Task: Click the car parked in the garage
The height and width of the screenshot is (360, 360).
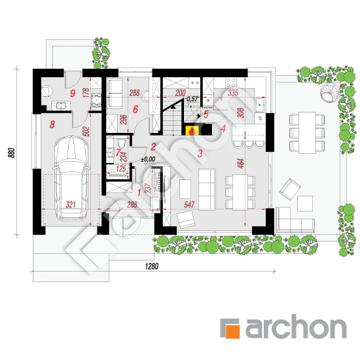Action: click(71, 179)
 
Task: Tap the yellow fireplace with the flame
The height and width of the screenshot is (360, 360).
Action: click(192, 131)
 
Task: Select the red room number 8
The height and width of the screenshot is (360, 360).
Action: click(52, 124)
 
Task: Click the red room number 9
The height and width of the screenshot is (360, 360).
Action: click(73, 94)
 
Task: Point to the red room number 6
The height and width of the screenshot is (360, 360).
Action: click(135, 109)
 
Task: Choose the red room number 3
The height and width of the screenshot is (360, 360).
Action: click(200, 153)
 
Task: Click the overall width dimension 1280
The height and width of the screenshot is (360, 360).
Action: click(152, 266)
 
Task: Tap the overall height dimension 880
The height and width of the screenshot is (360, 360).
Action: click(12, 153)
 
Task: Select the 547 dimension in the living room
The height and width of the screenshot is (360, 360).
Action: click(189, 204)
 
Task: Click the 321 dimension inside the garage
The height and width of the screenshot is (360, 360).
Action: click(71, 204)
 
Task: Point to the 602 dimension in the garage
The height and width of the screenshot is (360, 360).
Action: click(87, 132)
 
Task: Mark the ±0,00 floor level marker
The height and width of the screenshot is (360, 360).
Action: click(148, 159)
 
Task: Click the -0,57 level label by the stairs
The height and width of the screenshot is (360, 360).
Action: click(192, 99)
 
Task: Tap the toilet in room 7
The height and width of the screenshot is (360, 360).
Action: click(122, 143)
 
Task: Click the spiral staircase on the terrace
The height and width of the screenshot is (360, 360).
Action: click(330, 94)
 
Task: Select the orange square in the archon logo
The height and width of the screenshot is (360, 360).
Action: click(233, 332)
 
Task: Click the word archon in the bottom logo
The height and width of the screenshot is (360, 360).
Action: click(296, 326)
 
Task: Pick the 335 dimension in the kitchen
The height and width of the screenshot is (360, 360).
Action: click(233, 93)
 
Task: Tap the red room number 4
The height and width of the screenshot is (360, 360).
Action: click(223, 128)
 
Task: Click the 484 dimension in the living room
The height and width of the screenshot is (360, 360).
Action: click(241, 163)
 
